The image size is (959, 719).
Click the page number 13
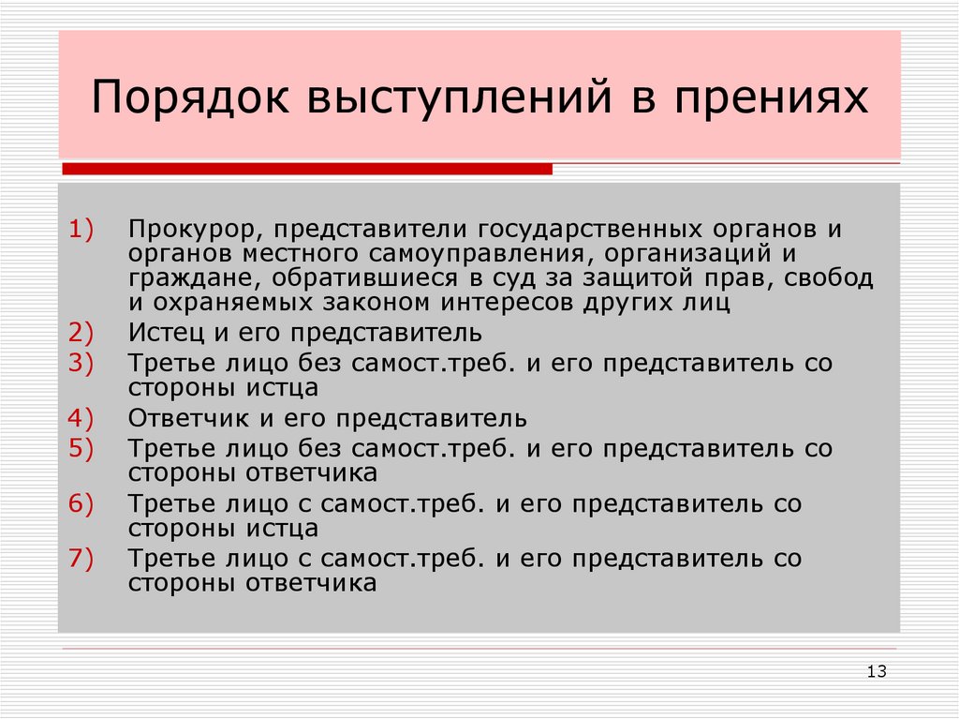click(877, 670)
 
